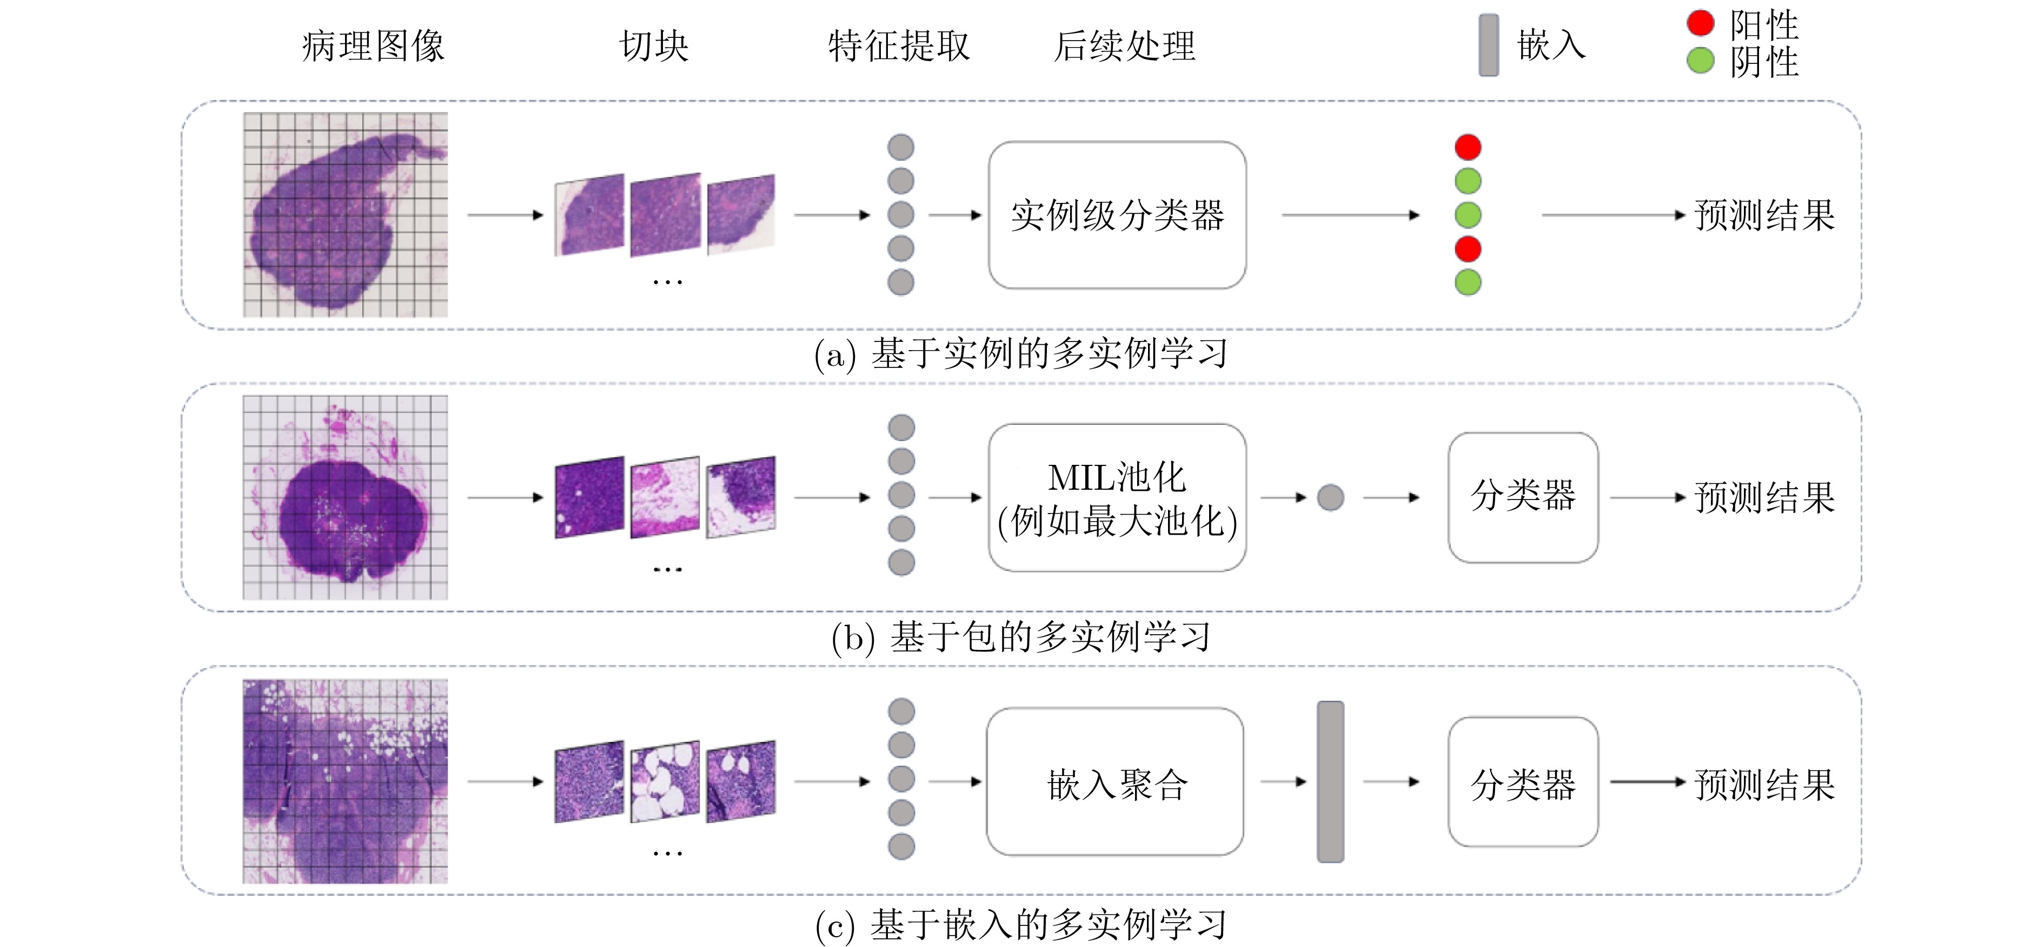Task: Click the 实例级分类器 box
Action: tap(1117, 215)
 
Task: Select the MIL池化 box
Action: tap(1117, 498)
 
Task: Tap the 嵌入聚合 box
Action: tap(1115, 782)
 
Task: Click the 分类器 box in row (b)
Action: tap(1523, 498)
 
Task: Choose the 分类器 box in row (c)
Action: tap(1523, 782)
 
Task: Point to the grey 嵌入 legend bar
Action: tap(1489, 45)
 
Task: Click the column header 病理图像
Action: tap(373, 46)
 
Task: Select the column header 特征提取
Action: tap(899, 46)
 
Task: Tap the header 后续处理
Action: tap(1124, 46)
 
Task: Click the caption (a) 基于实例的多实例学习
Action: tap(1021, 354)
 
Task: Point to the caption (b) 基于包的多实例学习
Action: tap(1021, 636)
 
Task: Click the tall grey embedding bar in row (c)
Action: tap(1331, 782)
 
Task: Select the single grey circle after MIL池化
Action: tap(1331, 498)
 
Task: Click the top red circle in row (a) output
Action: tap(1468, 147)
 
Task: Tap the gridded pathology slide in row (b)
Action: tap(345, 498)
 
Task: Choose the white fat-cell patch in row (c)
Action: tap(665, 782)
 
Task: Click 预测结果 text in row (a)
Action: tap(1764, 215)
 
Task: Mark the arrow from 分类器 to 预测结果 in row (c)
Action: tap(1647, 782)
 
